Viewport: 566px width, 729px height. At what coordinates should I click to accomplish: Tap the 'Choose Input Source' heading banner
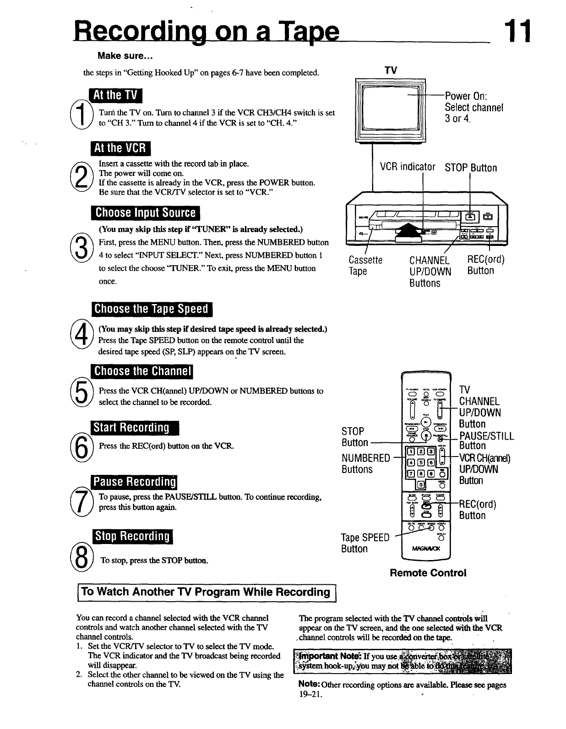point(146,213)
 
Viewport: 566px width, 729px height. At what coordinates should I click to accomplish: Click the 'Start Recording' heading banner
point(135,428)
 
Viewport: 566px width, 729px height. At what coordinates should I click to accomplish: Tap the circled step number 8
point(81,559)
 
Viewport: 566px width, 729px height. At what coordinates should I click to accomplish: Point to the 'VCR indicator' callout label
point(407,167)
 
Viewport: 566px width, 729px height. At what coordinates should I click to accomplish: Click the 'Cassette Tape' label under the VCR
point(365,266)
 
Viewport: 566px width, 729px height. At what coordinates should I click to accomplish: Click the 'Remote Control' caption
point(428,573)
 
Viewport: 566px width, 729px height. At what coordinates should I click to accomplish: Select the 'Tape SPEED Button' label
point(365,543)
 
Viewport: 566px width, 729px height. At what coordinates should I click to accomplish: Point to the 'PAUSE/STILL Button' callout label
point(486,441)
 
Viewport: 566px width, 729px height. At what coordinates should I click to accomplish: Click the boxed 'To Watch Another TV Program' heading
point(207,592)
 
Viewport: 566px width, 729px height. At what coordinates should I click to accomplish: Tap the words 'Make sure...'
point(125,56)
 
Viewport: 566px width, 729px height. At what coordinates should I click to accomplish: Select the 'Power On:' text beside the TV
point(466,96)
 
